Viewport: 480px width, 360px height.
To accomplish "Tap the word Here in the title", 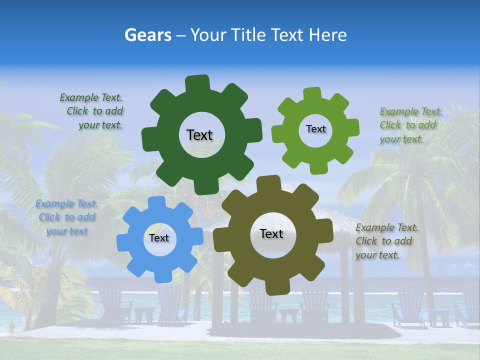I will [327, 35].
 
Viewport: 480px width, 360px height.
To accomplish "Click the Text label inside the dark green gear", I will [199, 135].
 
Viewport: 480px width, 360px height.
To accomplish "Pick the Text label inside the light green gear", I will [315, 129].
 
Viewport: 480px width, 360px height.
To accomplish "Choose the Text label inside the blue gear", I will [158, 238].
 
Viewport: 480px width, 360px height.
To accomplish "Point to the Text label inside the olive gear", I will [271, 234].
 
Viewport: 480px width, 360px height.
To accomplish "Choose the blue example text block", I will [66, 217].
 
